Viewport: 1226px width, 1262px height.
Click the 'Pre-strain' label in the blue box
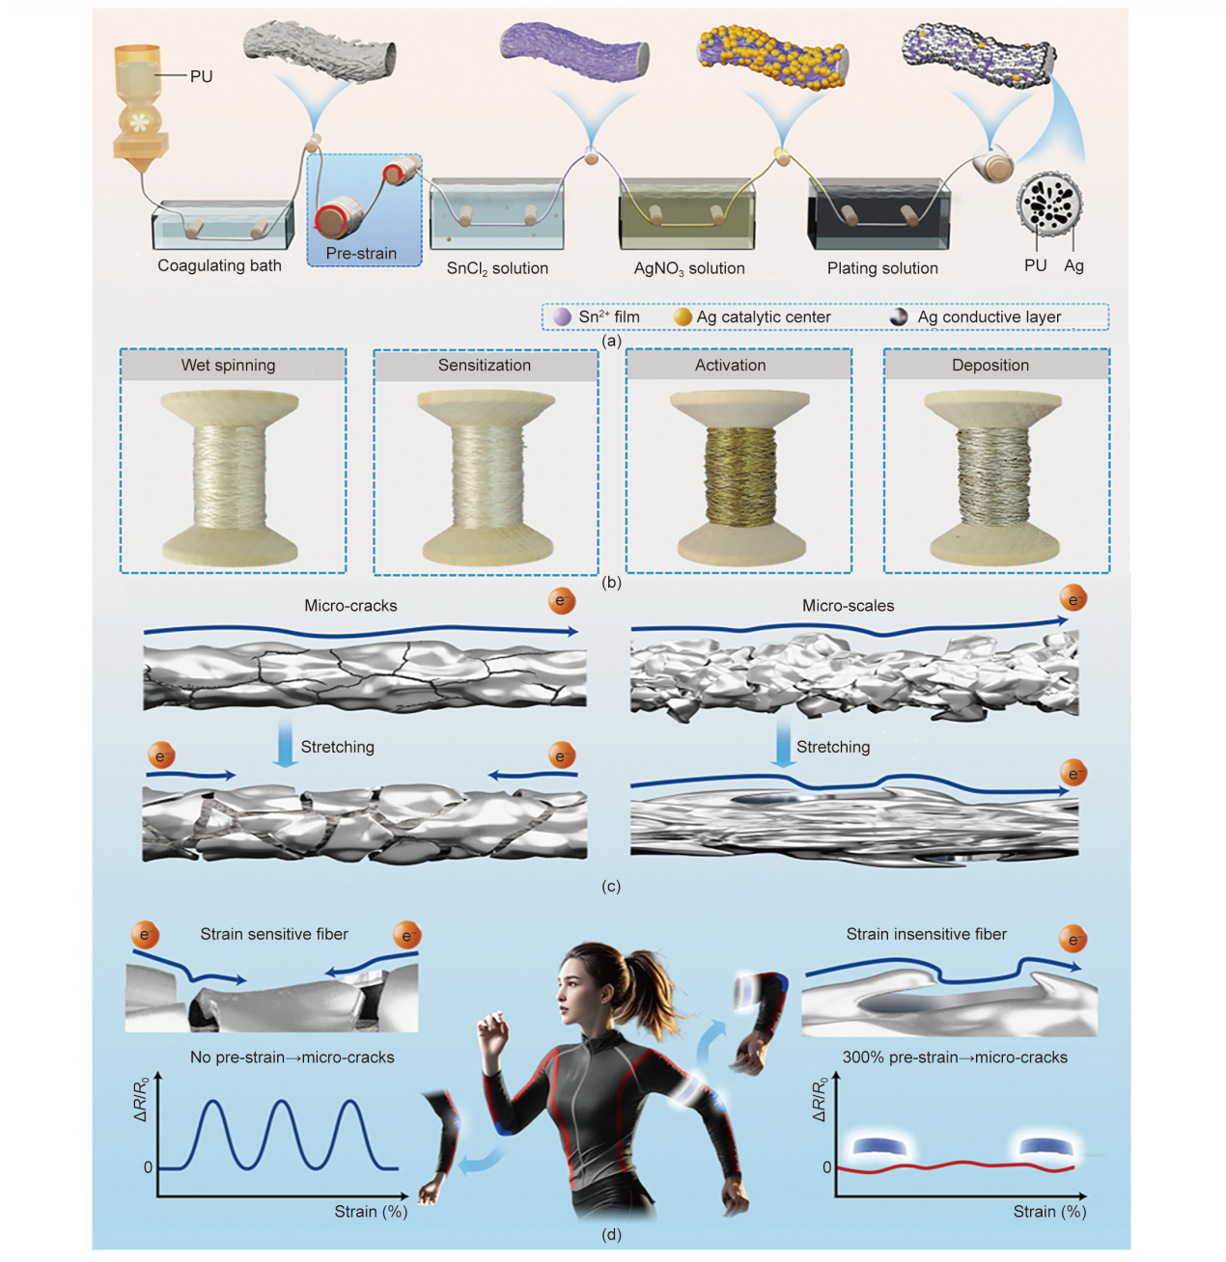click(361, 253)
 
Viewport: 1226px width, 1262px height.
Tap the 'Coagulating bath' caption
click(219, 266)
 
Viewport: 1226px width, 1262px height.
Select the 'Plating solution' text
click(882, 268)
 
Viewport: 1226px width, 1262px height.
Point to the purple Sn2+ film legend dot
click(562, 317)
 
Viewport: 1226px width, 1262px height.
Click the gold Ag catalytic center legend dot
click(683, 317)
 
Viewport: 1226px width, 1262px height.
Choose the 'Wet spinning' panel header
click(228, 365)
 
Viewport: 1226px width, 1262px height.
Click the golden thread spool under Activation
click(739, 478)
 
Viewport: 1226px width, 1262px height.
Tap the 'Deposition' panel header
click(990, 365)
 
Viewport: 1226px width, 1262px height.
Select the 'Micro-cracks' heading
click(350, 606)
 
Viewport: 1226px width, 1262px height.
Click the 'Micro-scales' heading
click(849, 606)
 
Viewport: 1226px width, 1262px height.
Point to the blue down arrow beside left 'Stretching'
click(286, 745)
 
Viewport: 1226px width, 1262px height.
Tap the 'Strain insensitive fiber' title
click(926, 935)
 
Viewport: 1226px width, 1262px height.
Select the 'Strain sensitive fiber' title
click(274, 935)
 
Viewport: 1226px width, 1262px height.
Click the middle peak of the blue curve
click(281, 1101)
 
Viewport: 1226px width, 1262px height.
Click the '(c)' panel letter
click(611, 887)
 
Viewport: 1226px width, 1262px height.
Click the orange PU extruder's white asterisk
click(138, 122)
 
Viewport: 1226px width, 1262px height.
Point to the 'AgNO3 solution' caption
click(689, 268)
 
